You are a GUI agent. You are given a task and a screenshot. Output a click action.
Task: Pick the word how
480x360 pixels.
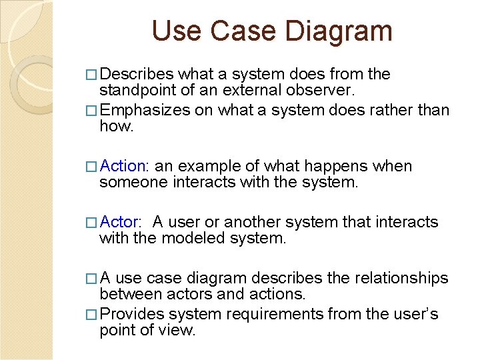[x=116, y=127]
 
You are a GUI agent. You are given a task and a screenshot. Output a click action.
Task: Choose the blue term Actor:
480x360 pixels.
[x=121, y=222]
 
